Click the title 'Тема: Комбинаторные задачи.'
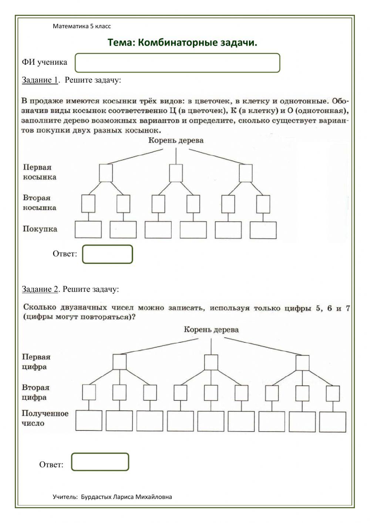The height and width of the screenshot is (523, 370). pos(182,43)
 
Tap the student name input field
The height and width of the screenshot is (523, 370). pos(177,63)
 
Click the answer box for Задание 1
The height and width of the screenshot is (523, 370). pos(107,254)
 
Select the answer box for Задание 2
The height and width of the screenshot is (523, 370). pos(100,462)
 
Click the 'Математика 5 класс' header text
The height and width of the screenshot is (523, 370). pos(82,26)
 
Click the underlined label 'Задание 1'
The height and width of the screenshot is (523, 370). pos(40,80)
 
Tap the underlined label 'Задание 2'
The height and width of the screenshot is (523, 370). pos(40,289)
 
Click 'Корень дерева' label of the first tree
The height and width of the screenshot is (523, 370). pos(176,140)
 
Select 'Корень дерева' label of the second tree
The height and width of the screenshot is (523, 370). pos(211,330)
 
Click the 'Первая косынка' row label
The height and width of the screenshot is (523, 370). pos(40,172)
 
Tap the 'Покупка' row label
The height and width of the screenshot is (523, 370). pos(40,229)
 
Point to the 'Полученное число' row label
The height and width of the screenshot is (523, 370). pos(45,418)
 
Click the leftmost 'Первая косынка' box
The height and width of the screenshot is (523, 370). pos(106,173)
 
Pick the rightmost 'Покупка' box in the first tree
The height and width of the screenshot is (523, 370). pos(263,230)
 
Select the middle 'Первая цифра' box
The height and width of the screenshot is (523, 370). pos(211,362)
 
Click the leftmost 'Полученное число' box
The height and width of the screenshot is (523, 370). pos(89,420)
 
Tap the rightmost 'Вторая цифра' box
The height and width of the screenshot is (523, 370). pos(333,393)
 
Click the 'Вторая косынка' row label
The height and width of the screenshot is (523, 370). pos(40,202)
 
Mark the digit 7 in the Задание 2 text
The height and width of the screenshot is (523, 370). pos(347,308)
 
